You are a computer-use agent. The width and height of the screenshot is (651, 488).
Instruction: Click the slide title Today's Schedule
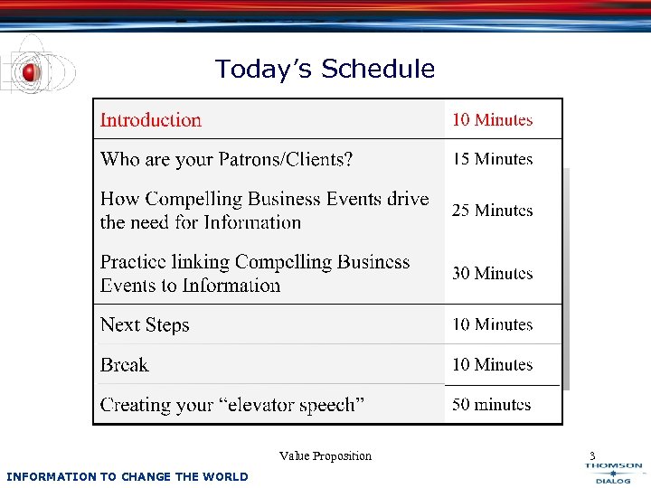(x=325, y=69)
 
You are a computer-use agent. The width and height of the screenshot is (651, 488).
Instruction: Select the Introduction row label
(x=151, y=120)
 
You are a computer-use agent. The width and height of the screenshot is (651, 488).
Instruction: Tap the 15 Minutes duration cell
(x=493, y=159)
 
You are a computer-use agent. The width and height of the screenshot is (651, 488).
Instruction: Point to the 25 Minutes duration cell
(x=493, y=211)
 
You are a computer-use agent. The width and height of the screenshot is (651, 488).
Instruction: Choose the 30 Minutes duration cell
(x=493, y=273)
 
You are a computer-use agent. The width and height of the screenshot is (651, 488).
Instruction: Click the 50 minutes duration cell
(x=492, y=405)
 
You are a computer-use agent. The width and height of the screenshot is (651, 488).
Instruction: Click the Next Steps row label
(x=145, y=325)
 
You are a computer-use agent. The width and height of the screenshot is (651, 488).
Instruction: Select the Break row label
(x=125, y=365)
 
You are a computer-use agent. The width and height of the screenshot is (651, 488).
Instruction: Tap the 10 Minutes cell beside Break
(x=493, y=365)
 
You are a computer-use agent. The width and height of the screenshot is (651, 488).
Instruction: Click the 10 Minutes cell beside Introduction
(x=493, y=120)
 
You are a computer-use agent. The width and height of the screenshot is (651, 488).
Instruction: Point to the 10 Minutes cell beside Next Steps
(x=493, y=324)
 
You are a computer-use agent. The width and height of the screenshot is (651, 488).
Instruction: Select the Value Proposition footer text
(x=325, y=455)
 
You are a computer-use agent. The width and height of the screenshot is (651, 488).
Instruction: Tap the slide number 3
(x=592, y=455)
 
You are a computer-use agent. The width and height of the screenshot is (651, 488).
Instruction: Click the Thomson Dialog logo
(x=613, y=473)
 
